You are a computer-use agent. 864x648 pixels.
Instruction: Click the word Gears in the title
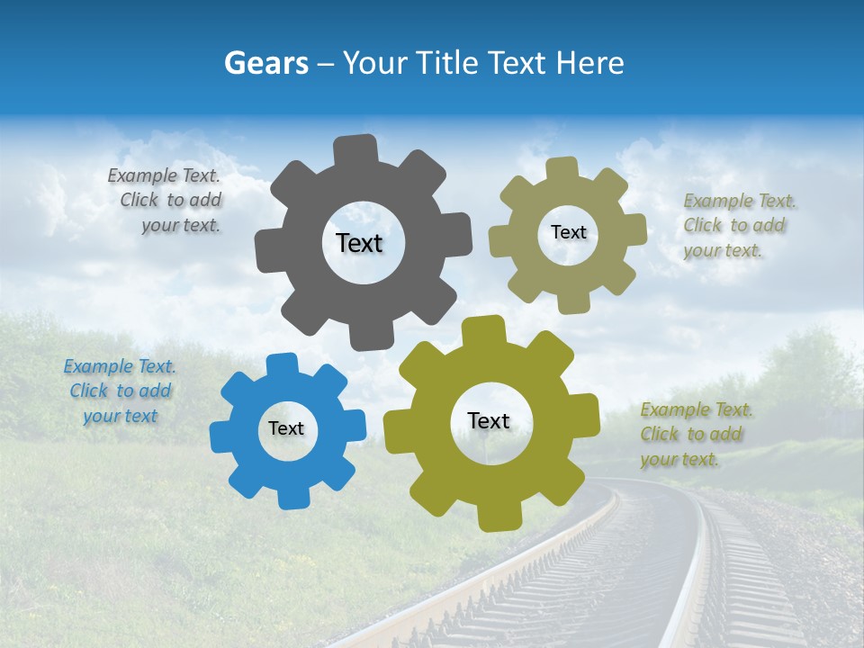265,63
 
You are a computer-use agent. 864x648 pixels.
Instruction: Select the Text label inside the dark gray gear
359,243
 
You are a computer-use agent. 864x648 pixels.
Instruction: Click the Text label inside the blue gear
286,428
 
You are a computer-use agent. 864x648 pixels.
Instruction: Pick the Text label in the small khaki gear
568,232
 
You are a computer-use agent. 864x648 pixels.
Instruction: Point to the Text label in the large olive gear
489,420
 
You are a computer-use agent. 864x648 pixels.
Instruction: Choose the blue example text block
120,391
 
